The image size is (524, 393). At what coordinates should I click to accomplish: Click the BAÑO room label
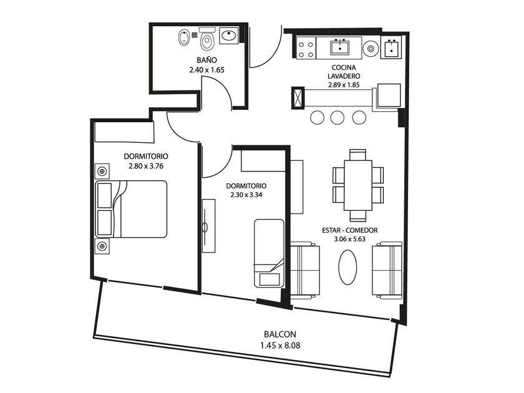[206, 60]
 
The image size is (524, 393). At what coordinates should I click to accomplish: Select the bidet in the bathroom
[183, 38]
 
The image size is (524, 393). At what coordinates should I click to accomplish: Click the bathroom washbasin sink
[228, 36]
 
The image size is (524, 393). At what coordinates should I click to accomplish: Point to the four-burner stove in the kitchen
[306, 49]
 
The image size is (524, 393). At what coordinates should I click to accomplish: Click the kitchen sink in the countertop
[340, 47]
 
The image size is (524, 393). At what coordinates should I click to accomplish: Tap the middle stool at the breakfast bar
[337, 118]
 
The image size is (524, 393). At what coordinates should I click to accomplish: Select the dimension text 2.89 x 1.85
[344, 85]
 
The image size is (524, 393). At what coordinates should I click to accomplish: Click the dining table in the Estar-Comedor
[358, 185]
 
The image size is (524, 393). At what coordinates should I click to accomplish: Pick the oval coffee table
[347, 268]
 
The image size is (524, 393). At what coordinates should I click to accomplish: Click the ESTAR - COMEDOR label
[349, 230]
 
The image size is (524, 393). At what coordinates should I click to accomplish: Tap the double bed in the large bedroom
[131, 209]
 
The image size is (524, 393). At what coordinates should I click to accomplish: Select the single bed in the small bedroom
[269, 253]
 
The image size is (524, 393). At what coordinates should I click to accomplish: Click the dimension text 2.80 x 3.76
[146, 166]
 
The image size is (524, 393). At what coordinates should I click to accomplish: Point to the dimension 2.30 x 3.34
[246, 195]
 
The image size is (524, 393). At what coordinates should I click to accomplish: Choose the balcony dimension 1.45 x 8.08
[280, 345]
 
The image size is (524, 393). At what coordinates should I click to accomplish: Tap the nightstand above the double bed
[102, 172]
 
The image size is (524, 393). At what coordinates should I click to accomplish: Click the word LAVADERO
[344, 76]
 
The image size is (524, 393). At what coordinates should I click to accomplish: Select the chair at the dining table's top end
[357, 155]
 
